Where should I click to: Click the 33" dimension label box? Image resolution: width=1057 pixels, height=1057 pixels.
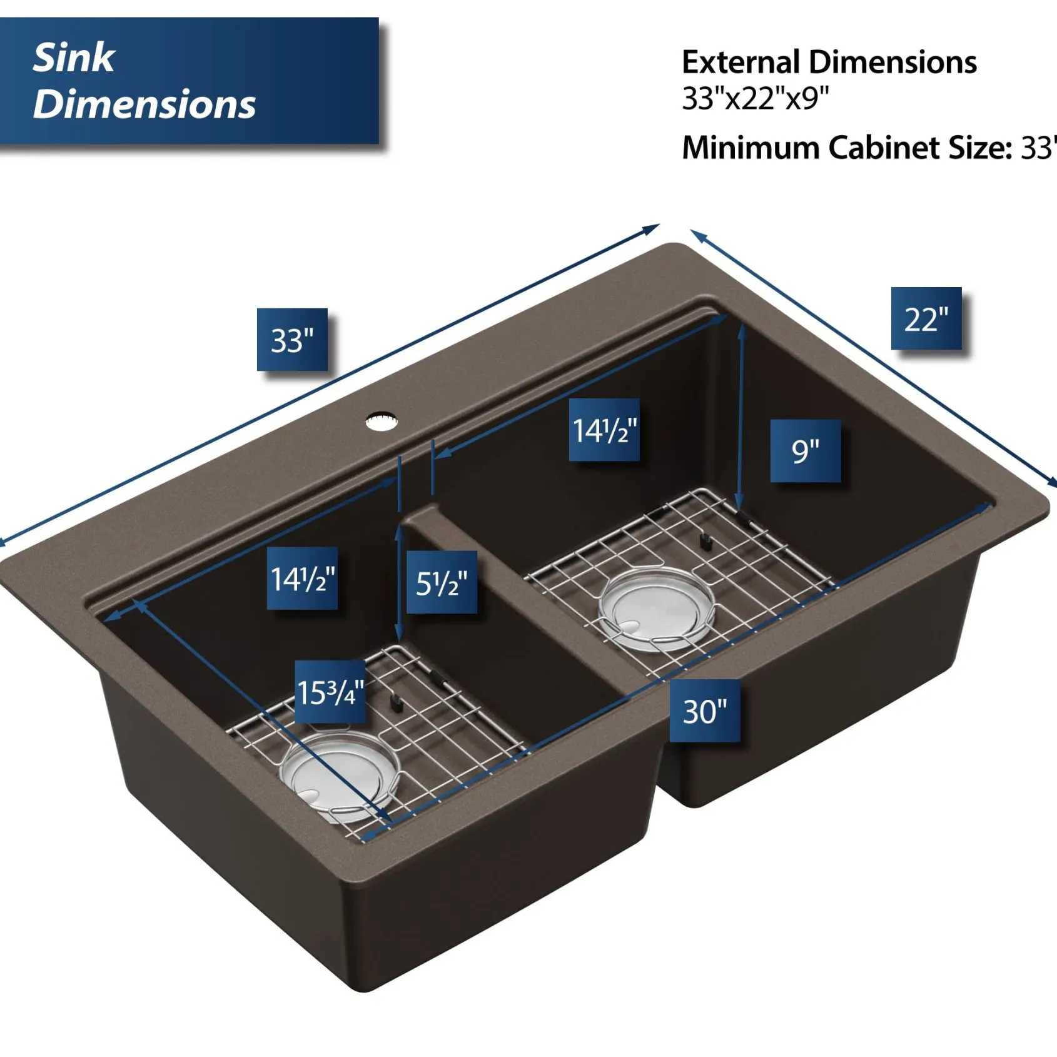pos(292,340)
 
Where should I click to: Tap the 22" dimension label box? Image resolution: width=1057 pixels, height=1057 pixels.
pos(926,318)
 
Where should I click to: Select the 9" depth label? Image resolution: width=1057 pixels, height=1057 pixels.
pos(806,451)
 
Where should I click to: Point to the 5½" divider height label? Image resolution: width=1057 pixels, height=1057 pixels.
pos(442,582)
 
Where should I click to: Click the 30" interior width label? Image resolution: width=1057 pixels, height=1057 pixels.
pos(705,711)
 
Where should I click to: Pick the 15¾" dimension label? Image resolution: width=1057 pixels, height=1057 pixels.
pos(330,692)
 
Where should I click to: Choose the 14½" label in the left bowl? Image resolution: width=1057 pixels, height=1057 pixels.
pos(303,579)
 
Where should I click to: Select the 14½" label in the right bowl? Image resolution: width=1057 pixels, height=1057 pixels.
pos(604,430)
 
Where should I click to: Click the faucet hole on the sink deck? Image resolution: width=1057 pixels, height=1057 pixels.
pos(382,421)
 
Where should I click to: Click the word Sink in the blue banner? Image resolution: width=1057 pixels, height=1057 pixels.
pos(74,58)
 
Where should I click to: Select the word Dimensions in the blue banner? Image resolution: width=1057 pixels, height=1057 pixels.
pos(144,104)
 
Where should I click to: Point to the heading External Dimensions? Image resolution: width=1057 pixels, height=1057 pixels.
pos(829,62)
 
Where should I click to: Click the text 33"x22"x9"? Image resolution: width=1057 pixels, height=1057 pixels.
pos(756,98)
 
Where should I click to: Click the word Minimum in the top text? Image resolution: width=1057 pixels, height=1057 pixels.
pos(751,148)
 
